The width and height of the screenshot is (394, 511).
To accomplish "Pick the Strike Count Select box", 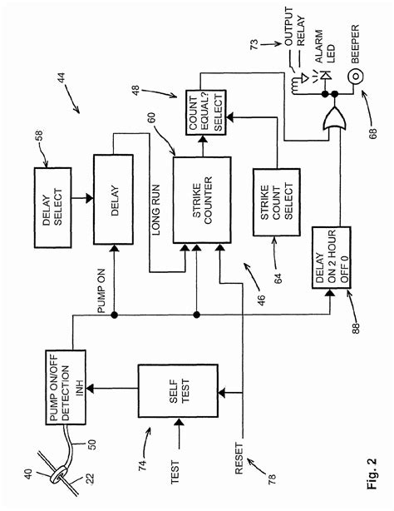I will (x=278, y=206).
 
